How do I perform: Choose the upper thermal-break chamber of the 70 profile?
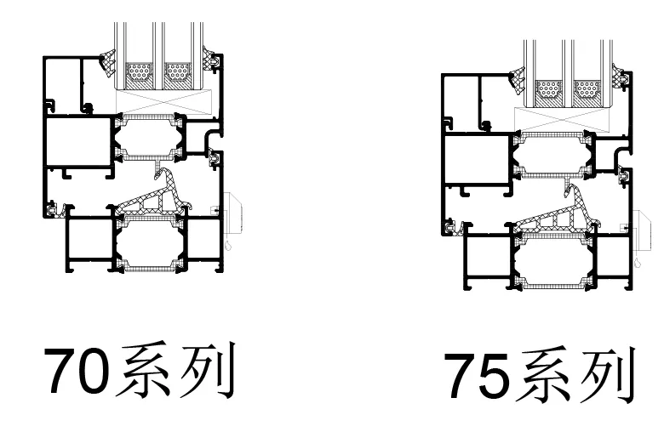pyautogui.click(x=150, y=136)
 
